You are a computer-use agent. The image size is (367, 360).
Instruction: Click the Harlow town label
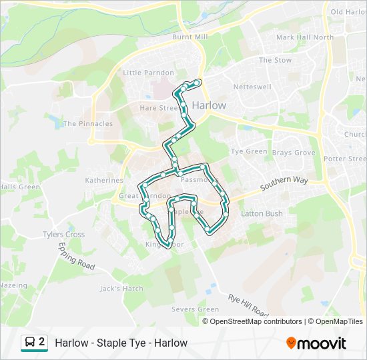(x=209, y=105)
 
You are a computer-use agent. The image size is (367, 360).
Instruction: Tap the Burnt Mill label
(x=190, y=37)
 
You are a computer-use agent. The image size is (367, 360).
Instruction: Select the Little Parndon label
(x=148, y=73)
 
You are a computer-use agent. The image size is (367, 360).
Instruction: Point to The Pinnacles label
(x=88, y=123)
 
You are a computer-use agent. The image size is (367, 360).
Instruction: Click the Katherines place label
(x=104, y=180)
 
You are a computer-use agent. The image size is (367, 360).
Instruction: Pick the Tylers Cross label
(x=63, y=235)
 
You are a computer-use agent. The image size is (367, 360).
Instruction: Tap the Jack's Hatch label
(x=121, y=289)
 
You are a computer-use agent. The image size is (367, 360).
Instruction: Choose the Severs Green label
(x=195, y=309)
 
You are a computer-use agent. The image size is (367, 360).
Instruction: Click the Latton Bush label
(x=262, y=213)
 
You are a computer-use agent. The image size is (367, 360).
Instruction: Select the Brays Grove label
(x=294, y=153)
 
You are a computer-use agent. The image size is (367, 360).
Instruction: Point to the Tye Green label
(x=249, y=151)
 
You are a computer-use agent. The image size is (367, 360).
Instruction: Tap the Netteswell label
(x=251, y=87)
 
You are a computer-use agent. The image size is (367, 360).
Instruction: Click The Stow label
(x=275, y=60)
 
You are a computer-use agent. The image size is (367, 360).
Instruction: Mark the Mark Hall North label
(x=304, y=37)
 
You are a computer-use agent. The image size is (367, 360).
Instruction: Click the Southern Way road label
(x=282, y=184)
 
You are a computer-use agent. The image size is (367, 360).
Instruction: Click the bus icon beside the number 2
(x=31, y=343)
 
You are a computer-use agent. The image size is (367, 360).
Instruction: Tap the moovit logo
(x=316, y=343)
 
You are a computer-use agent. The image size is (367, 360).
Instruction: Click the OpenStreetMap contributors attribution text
(x=256, y=321)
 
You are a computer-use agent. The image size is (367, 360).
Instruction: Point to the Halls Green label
(x=20, y=187)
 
